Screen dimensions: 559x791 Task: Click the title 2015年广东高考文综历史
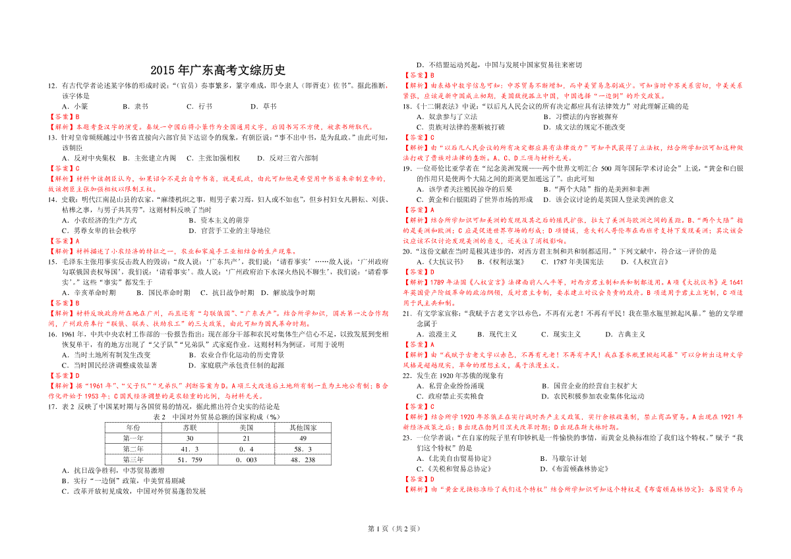click(218, 70)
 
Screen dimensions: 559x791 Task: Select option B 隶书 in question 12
click(136, 105)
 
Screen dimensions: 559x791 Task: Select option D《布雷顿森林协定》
click(573, 469)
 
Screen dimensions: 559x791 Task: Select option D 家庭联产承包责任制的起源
click(237, 365)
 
